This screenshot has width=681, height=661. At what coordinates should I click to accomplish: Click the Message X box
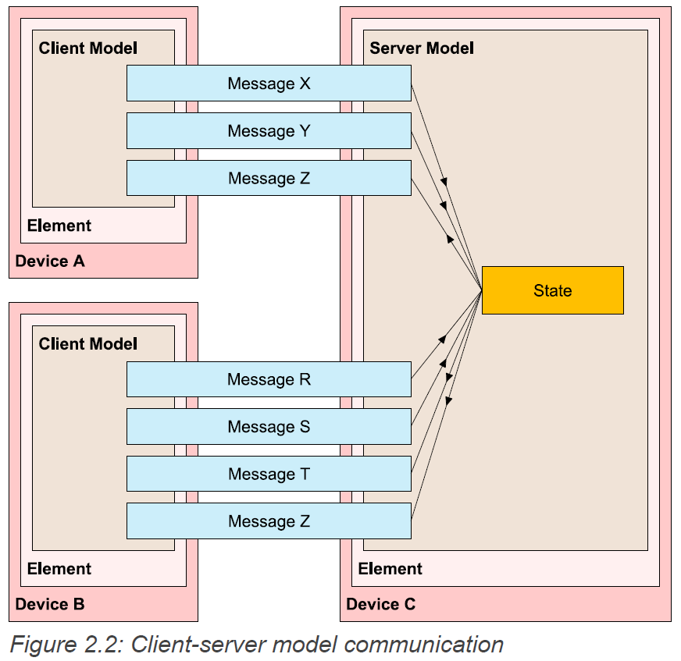tap(269, 84)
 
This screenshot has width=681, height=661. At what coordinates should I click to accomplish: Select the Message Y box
tap(269, 131)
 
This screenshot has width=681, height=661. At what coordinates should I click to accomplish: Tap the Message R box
tap(269, 379)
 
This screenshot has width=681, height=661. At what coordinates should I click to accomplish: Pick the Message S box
tap(269, 427)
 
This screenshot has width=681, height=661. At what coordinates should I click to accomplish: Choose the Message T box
tap(269, 474)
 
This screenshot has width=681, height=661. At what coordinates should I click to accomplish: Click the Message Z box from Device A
tap(269, 178)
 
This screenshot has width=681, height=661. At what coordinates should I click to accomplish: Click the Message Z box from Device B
tap(269, 521)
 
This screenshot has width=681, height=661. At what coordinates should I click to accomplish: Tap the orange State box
tap(552, 290)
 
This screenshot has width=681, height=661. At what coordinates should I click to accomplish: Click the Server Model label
tap(422, 48)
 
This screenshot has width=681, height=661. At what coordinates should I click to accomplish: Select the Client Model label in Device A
tap(87, 48)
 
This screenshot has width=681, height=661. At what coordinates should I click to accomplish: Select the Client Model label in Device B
tap(87, 344)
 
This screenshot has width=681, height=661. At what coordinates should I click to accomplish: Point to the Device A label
tap(50, 261)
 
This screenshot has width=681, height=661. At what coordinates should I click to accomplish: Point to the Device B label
tap(50, 604)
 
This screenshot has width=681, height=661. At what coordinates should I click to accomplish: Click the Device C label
tap(380, 604)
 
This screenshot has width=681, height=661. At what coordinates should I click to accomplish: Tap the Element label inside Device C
tap(390, 569)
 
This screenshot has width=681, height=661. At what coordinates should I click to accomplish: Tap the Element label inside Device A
tap(59, 226)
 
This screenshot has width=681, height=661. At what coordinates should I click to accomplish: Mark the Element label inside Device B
tap(59, 569)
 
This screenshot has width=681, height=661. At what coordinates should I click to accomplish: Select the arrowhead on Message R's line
tap(442, 339)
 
